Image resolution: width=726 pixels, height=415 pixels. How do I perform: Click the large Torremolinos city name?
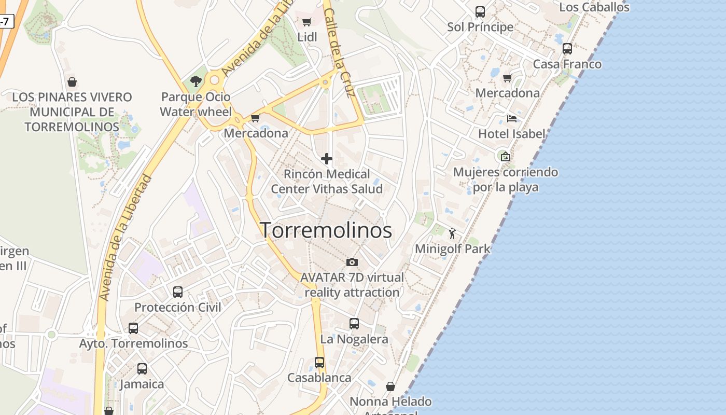pyautogui.click(x=326, y=230)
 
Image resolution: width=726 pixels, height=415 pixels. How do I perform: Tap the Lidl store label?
pyautogui.click(x=307, y=37)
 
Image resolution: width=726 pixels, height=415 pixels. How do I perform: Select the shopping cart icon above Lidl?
pyautogui.click(x=306, y=22)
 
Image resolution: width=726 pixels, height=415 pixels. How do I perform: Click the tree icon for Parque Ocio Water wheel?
pyautogui.click(x=196, y=81)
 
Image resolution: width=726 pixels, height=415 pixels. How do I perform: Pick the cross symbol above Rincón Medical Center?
pyautogui.click(x=327, y=159)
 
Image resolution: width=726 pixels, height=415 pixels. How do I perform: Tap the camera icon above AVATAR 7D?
pyautogui.click(x=352, y=262)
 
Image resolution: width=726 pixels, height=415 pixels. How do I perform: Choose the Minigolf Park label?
pyautogui.click(x=452, y=248)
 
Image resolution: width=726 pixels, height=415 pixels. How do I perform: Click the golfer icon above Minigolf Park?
pyautogui.click(x=452, y=233)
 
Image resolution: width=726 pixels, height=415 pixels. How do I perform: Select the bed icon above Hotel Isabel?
pyautogui.click(x=512, y=118)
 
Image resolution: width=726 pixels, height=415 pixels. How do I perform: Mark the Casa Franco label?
pyautogui.click(x=567, y=64)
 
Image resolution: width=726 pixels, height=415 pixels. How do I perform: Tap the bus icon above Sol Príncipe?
pyautogui.click(x=480, y=11)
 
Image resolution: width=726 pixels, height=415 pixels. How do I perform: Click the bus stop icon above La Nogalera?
pyautogui.click(x=354, y=324)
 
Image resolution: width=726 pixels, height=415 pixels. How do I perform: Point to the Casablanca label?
pyautogui.click(x=319, y=377)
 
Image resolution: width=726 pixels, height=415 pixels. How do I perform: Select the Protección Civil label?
pyautogui.click(x=178, y=307)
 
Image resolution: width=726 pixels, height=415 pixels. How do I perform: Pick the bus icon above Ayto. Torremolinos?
pyautogui.click(x=133, y=328)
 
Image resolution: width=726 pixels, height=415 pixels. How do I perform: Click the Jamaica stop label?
pyautogui.click(x=142, y=384)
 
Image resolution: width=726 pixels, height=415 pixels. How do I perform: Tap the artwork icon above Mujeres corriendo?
pyautogui.click(x=505, y=156)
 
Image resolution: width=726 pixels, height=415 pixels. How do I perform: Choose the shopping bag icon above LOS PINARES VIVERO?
pyautogui.click(x=72, y=82)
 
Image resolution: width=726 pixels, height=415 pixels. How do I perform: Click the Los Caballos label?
pyautogui.click(x=594, y=7)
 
